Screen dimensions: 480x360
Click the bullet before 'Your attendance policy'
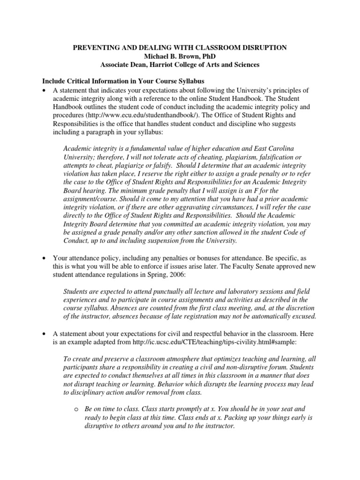tap(44, 258)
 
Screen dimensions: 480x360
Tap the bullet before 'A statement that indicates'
tap(44, 90)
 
